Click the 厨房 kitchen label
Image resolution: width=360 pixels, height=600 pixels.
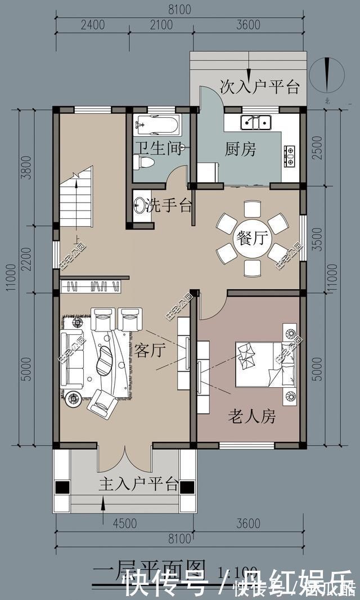[x=241, y=150]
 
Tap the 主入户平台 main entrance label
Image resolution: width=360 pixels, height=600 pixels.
[x=139, y=483]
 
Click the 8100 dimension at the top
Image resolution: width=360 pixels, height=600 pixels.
[x=179, y=10]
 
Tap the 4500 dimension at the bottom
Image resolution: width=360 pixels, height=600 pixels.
[x=124, y=524]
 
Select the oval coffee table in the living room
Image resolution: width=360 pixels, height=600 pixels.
[x=105, y=360]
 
